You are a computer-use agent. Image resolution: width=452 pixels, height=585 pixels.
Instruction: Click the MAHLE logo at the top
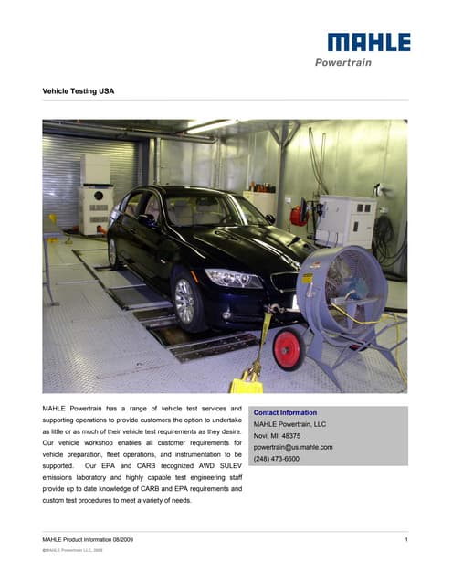pyautogui.click(x=369, y=42)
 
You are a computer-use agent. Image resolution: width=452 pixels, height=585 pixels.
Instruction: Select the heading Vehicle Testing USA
pyautogui.click(x=79, y=91)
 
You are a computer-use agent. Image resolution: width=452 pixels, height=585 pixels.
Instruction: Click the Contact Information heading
pyautogui.click(x=285, y=413)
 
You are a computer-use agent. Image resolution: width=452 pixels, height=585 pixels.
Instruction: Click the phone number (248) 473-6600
pyautogui.click(x=276, y=459)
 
